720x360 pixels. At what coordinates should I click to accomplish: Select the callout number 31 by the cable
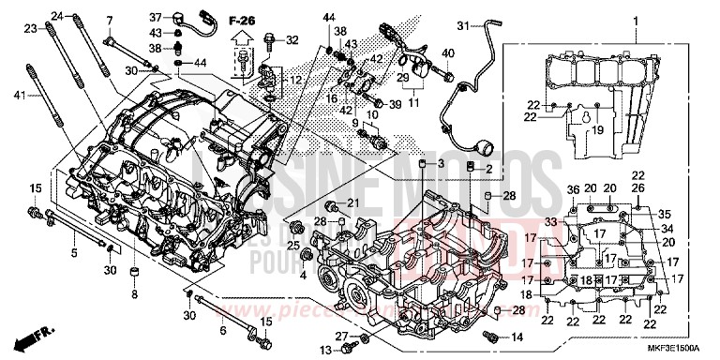pyautogui.click(x=462, y=25)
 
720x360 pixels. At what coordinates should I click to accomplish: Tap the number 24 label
pyautogui.click(x=57, y=17)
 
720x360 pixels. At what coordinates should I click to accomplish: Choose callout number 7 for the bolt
pyautogui.click(x=110, y=20)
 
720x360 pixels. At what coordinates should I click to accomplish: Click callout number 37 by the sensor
pyautogui.click(x=157, y=16)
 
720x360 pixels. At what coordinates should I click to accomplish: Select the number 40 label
pyautogui.click(x=448, y=53)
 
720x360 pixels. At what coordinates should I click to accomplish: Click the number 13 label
pyautogui.click(x=324, y=351)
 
